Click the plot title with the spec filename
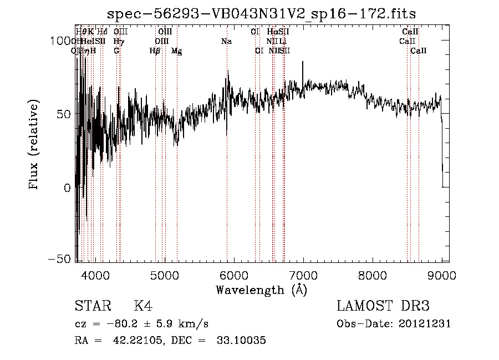(261, 13)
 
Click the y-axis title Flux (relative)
(34, 145)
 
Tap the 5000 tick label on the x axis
(164, 275)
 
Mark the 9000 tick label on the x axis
(441, 275)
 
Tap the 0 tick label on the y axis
(68, 187)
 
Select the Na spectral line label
(226, 41)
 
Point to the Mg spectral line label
(177, 51)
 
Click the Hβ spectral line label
(155, 51)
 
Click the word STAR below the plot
(93, 306)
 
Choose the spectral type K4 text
(143, 306)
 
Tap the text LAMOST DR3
(383, 306)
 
